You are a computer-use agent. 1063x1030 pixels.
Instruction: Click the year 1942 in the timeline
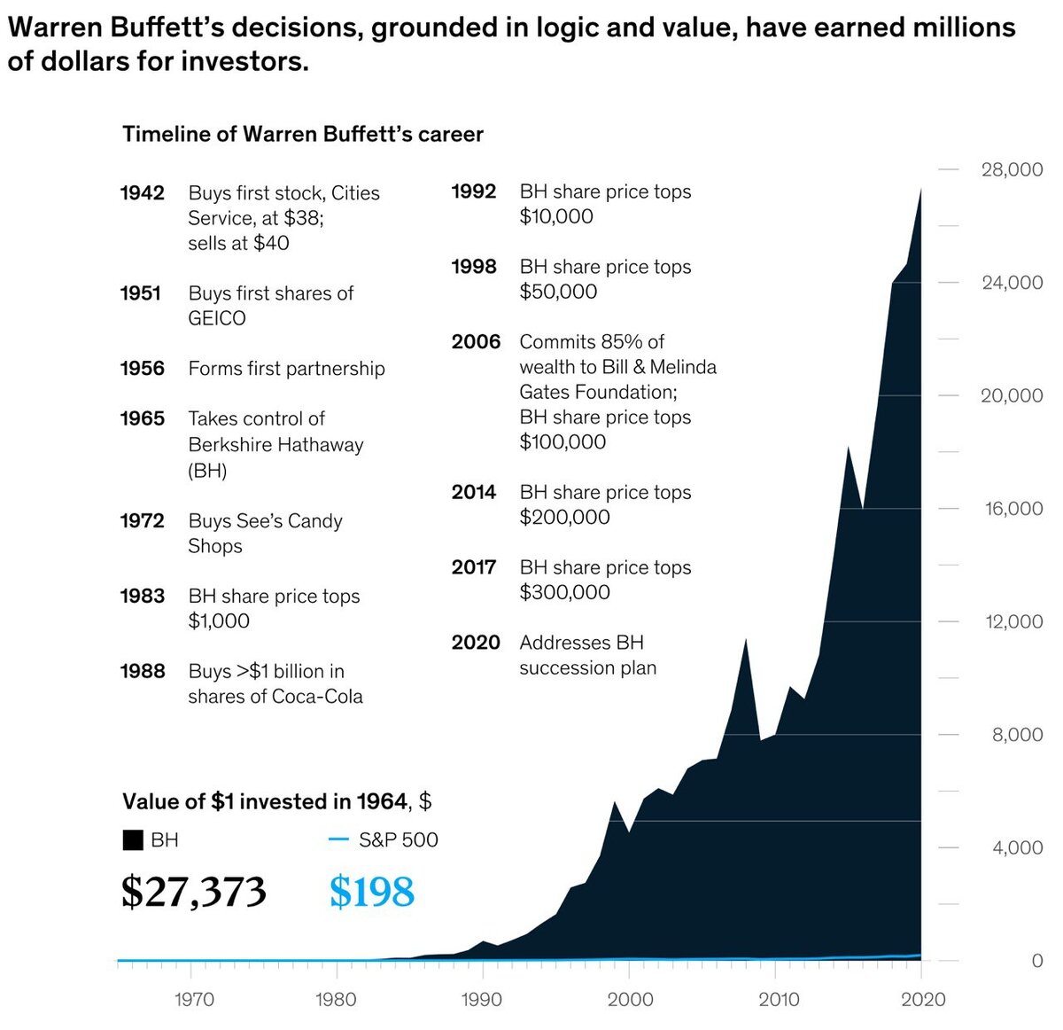142,193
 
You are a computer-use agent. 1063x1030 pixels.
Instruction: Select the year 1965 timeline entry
142,418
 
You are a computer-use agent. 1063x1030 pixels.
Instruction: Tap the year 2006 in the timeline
476,342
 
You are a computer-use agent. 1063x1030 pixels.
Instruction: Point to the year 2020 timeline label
476,643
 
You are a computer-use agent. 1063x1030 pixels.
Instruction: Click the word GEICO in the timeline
217,318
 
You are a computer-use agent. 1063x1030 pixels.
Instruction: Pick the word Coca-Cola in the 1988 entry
319,697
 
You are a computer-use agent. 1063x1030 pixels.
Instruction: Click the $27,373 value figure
193,892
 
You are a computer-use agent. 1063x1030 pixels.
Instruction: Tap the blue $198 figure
371,892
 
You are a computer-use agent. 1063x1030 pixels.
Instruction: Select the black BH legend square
133,840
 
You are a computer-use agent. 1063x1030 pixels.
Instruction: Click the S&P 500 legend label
398,840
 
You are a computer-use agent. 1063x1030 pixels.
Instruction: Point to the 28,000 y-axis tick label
1012,169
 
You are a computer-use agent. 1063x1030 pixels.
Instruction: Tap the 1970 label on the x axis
194,1000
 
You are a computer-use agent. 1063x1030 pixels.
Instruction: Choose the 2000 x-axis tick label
630,1000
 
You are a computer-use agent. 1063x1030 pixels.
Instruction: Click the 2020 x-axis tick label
922,1000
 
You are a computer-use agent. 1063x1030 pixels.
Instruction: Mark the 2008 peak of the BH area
746,639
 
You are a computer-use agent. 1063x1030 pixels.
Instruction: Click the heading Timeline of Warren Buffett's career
303,135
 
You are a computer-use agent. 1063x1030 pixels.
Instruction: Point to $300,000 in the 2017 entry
564,592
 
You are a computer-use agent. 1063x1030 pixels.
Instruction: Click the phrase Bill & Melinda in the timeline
656,367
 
